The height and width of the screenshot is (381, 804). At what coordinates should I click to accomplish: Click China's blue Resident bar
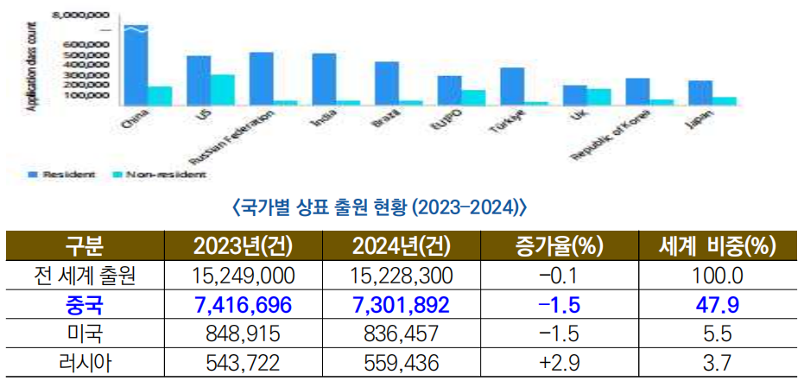[136, 66]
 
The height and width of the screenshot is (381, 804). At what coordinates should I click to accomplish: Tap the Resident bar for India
[324, 79]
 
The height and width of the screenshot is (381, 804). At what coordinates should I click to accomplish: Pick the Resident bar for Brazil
[386, 83]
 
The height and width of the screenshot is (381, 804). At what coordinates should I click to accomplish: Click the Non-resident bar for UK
[598, 96]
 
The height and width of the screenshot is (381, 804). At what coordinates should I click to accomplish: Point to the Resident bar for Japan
[700, 92]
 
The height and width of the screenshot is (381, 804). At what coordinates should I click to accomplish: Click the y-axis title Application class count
[32, 66]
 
